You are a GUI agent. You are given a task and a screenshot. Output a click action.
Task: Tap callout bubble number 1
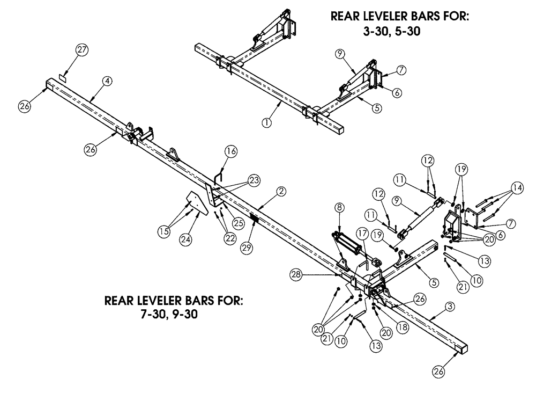click(265, 122)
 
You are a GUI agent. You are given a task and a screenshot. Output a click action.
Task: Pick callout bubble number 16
click(230, 152)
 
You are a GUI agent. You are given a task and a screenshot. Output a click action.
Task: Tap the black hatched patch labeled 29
click(254, 220)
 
